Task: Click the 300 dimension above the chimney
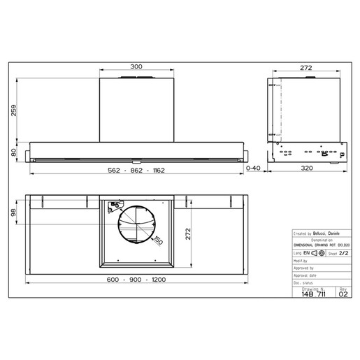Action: [x=136, y=66]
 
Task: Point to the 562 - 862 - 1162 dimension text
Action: [x=136, y=172]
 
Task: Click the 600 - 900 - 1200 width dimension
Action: [x=136, y=280]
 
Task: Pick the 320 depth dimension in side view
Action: [x=307, y=168]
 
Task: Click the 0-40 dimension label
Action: [x=253, y=168]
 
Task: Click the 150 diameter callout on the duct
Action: [x=159, y=240]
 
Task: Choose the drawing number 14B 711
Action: [x=313, y=294]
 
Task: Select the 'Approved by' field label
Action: [x=305, y=266]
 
